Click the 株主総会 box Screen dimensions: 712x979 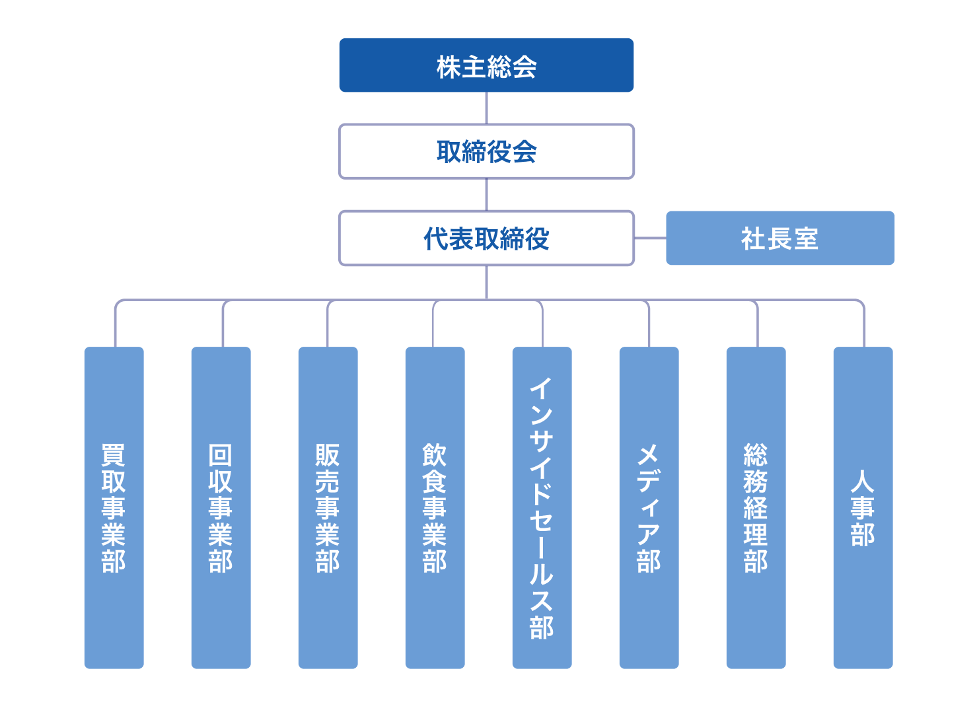coord(486,65)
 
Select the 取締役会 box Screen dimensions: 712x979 coord(486,151)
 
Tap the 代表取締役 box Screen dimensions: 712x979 coord(486,238)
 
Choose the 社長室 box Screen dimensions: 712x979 coord(780,238)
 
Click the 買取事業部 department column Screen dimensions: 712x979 coord(114,507)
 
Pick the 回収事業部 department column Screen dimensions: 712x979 coord(221,507)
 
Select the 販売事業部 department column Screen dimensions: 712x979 coord(328,507)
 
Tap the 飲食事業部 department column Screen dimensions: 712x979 coord(435,507)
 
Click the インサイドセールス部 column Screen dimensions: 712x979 coord(542,507)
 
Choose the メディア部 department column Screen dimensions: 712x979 coord(649,507)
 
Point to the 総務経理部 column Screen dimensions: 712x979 coord(756,507)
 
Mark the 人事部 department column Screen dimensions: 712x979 coord(863,507)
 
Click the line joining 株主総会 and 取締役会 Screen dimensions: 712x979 coord(486,108)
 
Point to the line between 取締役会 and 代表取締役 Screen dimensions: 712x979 coord(486,195)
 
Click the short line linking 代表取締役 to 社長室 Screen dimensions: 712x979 coord(650,238)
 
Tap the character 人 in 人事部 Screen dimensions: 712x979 coord(863,481)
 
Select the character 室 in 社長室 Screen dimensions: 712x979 coord(806,238)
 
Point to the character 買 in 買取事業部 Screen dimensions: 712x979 coord(114,454)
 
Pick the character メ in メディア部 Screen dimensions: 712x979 coord(649,454)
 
